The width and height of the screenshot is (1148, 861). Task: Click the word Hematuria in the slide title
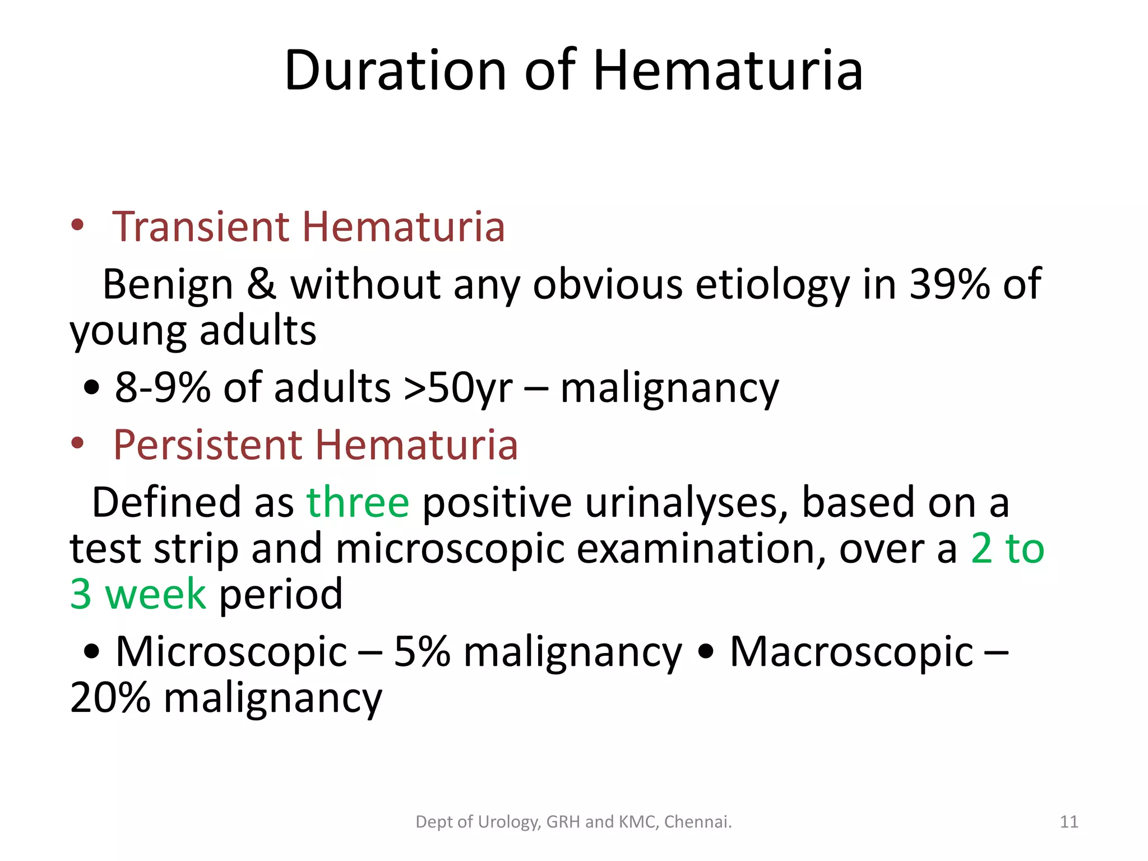(x=728, y=71)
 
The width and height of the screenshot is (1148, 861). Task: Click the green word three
(x=358, y=502)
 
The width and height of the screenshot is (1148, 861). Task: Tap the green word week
(x=155, y=594)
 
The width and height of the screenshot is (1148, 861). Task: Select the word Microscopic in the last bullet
(x=231, y=652)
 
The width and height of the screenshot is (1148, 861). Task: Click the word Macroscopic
(x=851, y=652)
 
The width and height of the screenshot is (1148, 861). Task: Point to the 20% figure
(x=110, y=698)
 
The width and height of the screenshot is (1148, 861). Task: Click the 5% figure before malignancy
(x=422, y=652)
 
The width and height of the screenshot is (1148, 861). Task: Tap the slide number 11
(x=1069, y=822)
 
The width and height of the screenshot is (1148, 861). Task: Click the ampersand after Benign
(x=261, y=284)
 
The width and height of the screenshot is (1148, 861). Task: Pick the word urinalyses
(x=686, y=502)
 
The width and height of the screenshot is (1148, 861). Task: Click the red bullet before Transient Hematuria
(x=77, y=226)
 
